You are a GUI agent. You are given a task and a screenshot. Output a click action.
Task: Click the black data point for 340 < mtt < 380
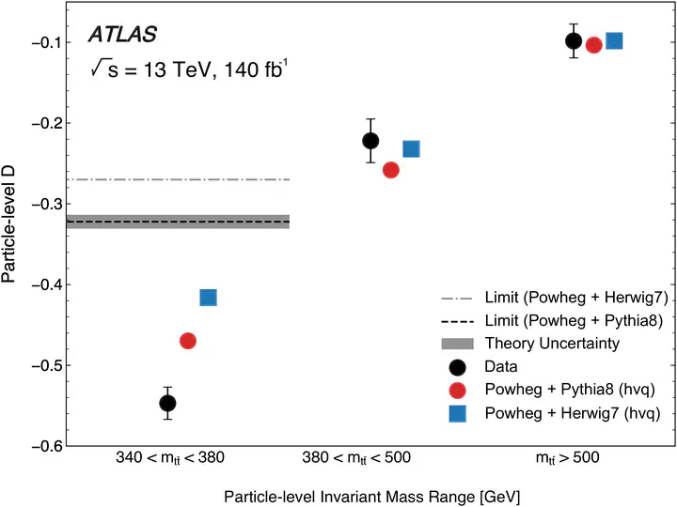(167, 403)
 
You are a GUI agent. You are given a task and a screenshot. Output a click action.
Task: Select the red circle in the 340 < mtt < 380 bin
(188, 341)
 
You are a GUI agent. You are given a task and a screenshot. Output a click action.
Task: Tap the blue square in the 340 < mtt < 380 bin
(208, 298)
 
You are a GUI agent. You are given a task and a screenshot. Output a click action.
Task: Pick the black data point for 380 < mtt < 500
(370, 141)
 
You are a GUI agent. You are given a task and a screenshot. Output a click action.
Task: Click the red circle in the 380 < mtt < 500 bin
(391, 170)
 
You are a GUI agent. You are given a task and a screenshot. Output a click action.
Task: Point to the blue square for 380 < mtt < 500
(411, 148)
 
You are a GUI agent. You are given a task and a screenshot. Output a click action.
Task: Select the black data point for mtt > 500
(574, 41)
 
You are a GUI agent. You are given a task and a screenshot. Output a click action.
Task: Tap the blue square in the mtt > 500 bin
(614, 41)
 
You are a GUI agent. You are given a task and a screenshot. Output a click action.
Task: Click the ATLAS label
(122, 35)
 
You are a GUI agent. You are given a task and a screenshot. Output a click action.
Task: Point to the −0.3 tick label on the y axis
(46, 204)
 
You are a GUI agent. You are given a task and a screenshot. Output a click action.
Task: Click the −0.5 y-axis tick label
(46, 365)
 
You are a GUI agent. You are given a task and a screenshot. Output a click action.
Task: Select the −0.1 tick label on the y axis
(46, 42)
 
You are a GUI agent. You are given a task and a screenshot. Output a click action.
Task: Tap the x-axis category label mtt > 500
(567, 458)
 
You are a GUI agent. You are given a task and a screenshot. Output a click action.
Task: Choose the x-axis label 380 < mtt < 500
(356, 458)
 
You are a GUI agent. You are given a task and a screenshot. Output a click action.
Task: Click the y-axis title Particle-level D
(8, 224)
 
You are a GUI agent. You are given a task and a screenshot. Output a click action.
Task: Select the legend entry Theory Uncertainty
(552, 344)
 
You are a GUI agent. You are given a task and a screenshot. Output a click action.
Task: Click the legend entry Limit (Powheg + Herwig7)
(576, 298)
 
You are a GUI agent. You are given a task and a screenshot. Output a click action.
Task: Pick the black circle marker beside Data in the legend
(457, 367)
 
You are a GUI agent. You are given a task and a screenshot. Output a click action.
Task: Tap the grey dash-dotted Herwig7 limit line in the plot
(178, 179)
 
